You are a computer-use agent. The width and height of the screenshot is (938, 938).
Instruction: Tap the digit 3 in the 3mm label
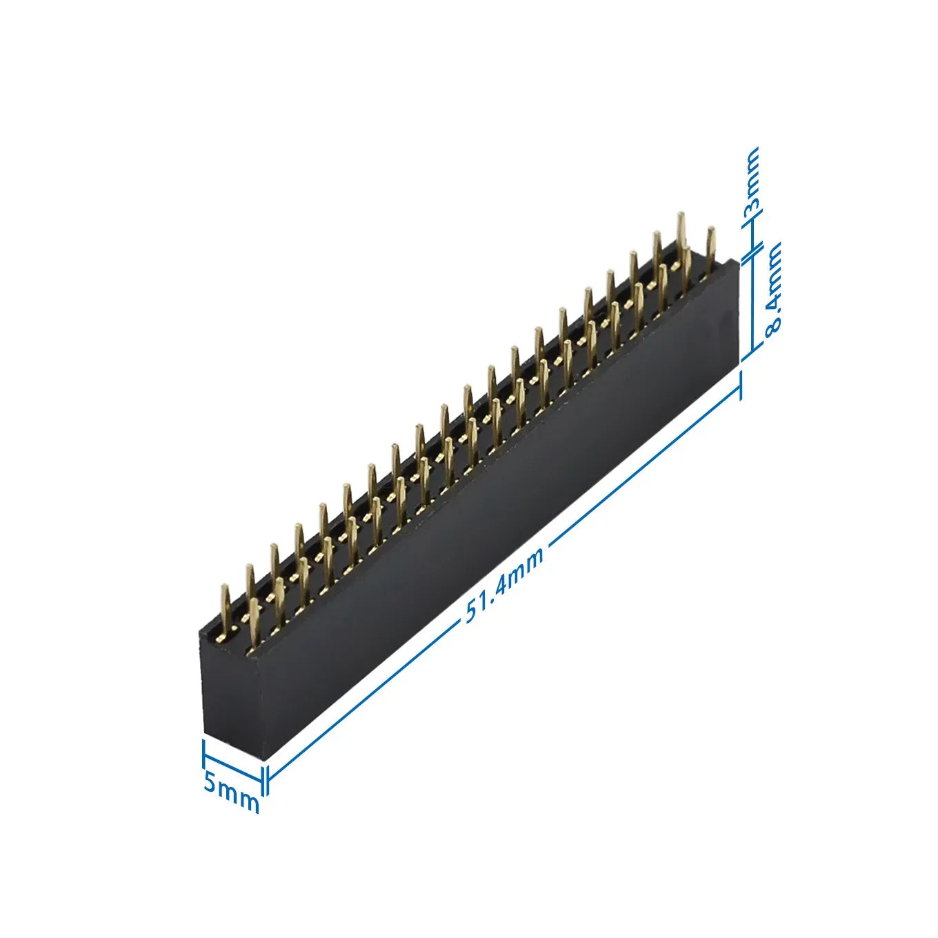751,203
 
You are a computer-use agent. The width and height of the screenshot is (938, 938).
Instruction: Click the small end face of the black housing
234,690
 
